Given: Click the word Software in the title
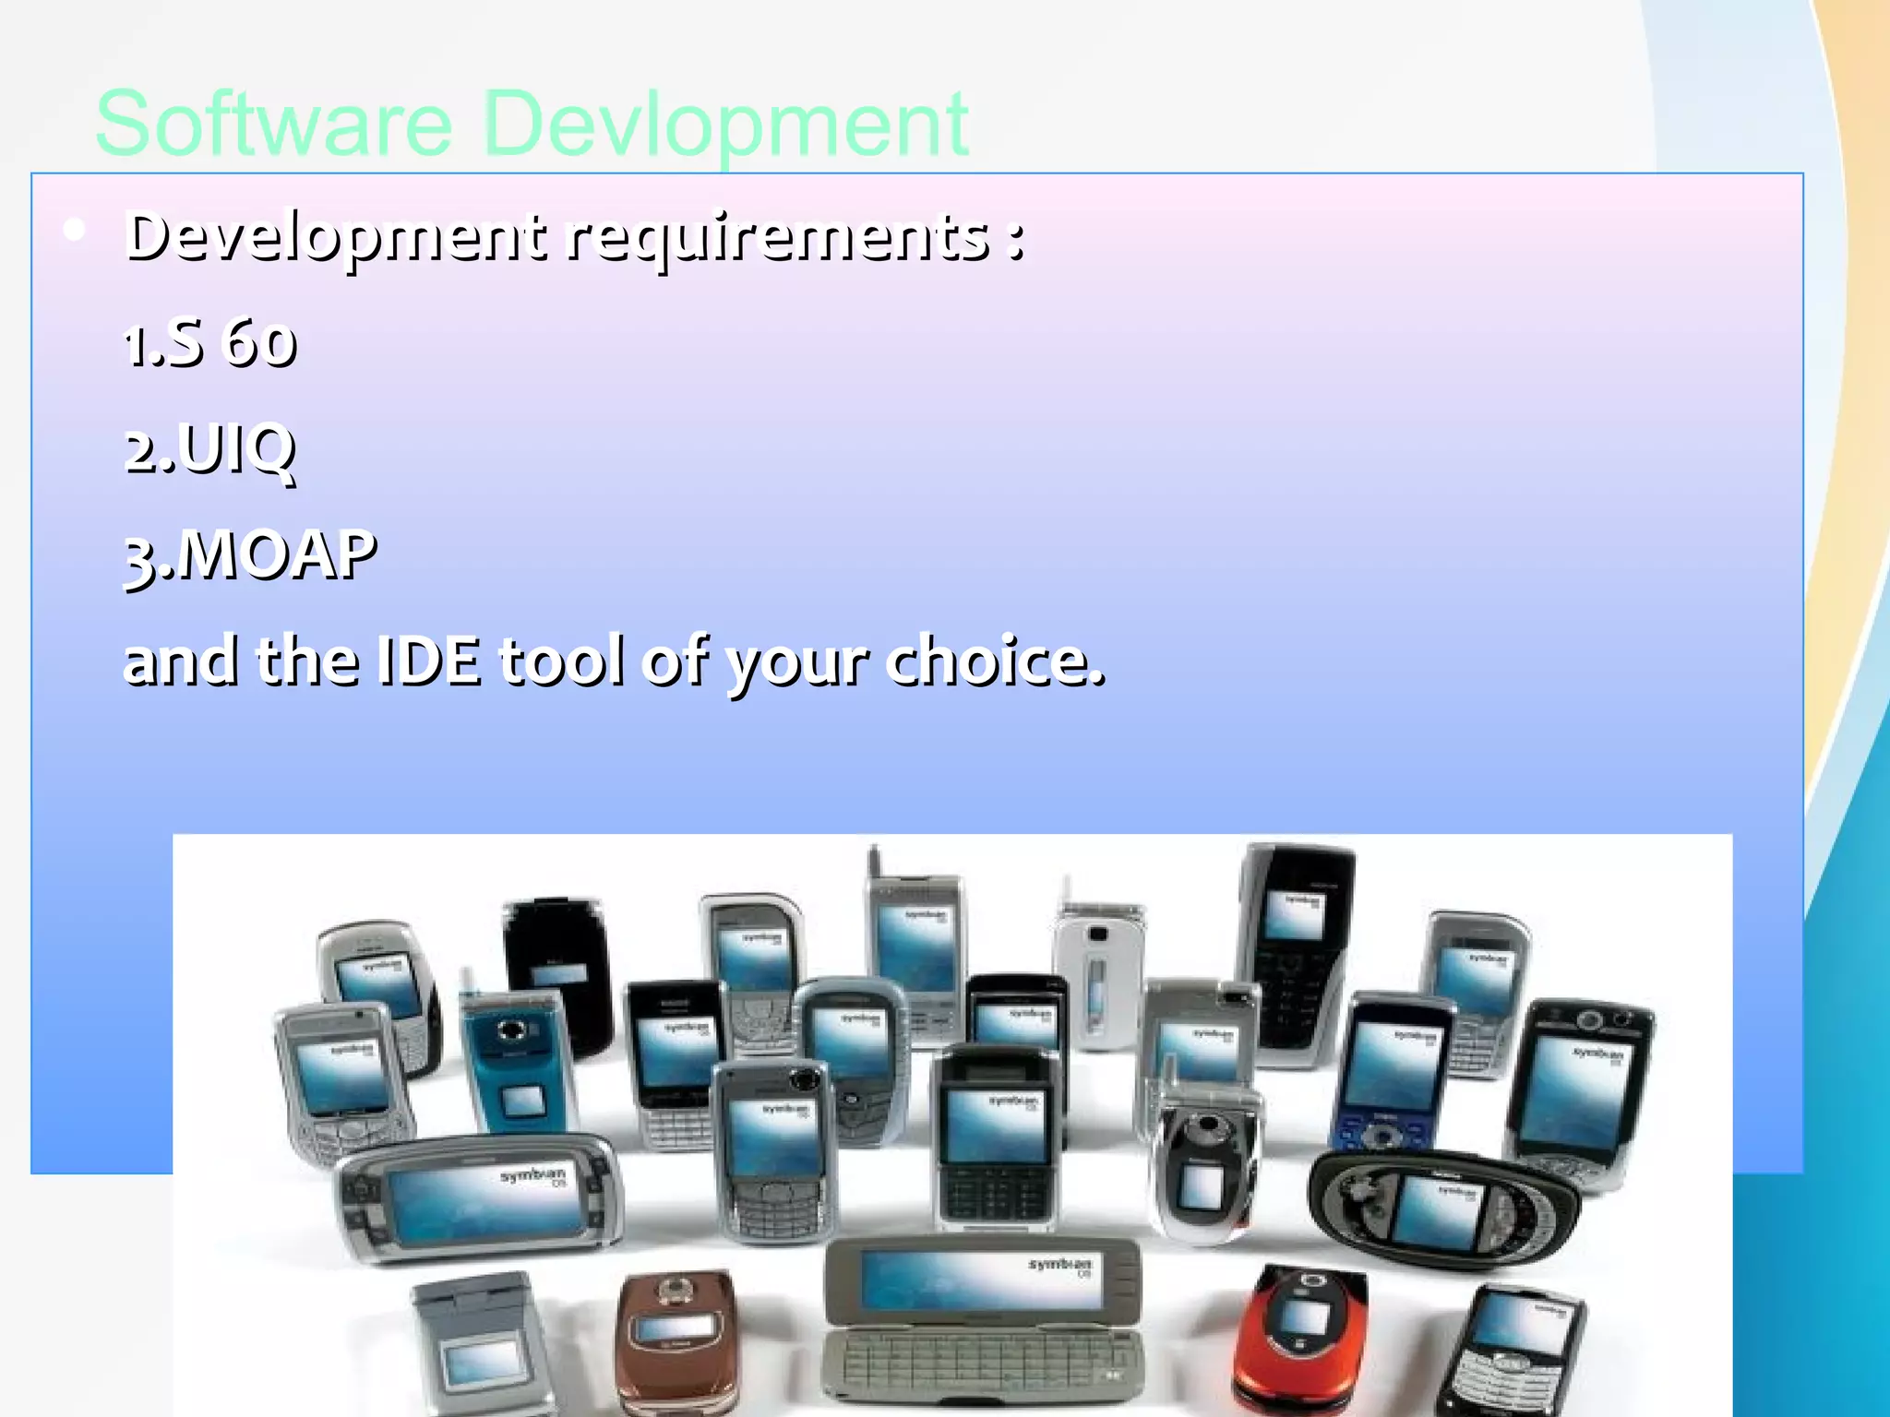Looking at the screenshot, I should (273, 124).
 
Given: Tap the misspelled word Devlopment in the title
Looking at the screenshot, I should (725, 124).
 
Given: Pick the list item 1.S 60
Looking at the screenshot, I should (210, 343).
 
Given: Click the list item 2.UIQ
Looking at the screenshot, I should (210, 449).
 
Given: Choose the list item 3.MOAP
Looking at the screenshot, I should (250, 555).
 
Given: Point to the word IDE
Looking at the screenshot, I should (430, 661).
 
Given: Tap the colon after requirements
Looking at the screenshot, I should (1015, 238).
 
